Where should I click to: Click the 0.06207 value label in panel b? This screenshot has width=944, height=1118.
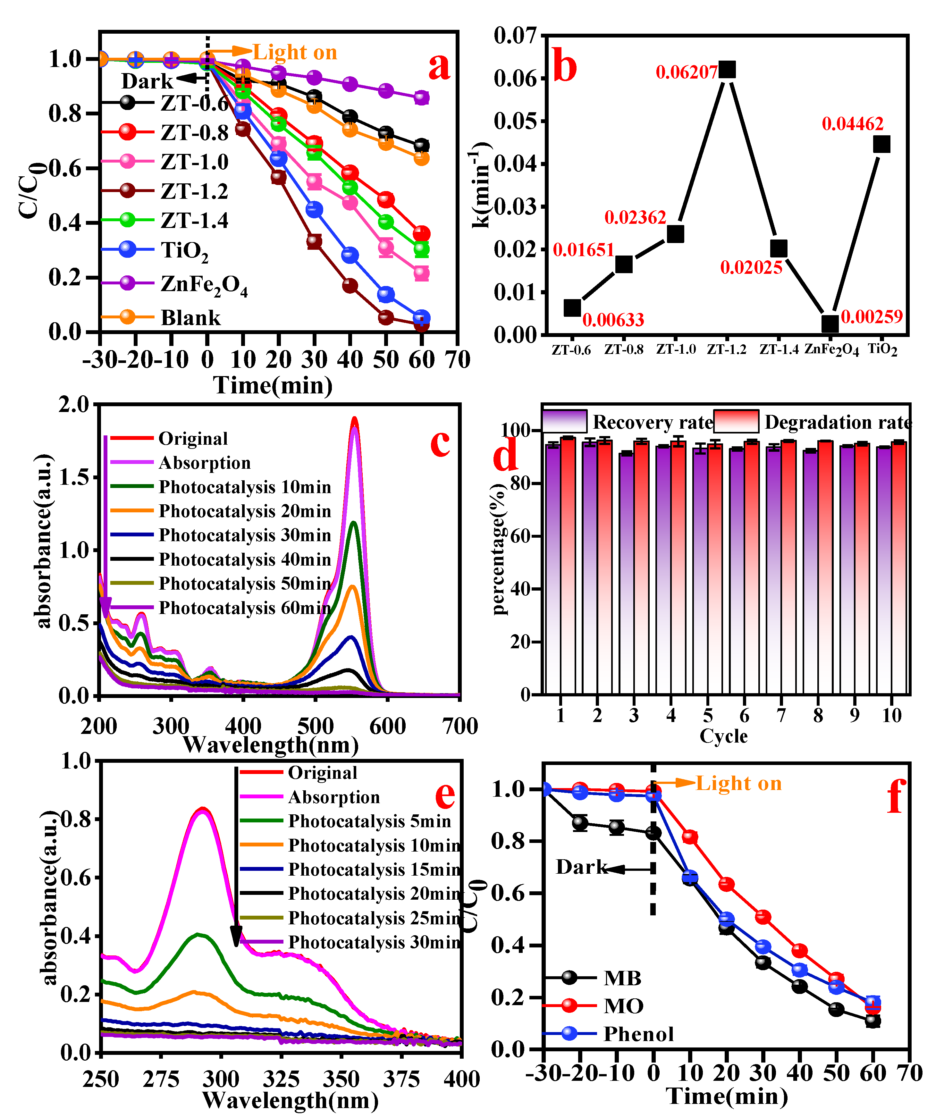[687, 72]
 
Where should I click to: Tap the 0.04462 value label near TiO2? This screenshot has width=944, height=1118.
[853, 124]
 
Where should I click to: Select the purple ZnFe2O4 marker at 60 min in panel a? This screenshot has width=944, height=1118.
[421, 97]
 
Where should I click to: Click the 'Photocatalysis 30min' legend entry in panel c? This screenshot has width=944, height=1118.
[245, 535]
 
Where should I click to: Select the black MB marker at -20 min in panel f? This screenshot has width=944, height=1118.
[580, 823]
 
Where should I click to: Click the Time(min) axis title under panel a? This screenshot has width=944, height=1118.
[273, 385]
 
